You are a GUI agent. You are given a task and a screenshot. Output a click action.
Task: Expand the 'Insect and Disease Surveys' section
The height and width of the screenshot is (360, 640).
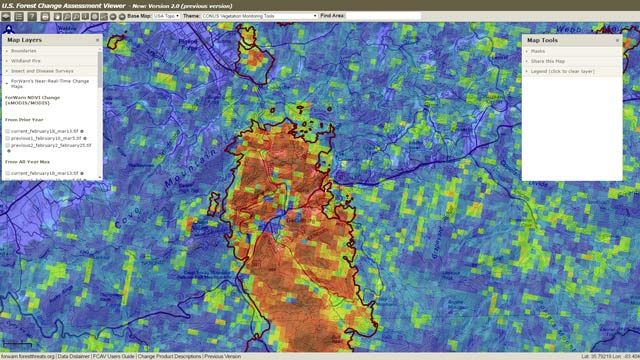(39, 72)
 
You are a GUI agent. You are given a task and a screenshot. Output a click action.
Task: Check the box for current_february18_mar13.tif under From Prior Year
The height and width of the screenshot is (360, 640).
(8, 130)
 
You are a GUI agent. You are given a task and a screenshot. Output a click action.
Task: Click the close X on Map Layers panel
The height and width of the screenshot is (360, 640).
(98, 40)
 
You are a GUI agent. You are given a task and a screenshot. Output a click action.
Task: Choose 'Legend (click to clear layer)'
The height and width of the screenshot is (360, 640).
(565, 72)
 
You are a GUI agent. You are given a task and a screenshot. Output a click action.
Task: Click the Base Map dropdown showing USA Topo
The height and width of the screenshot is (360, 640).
(166, 16)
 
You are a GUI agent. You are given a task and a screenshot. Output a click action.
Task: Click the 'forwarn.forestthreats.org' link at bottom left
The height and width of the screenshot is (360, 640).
(27, 356)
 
